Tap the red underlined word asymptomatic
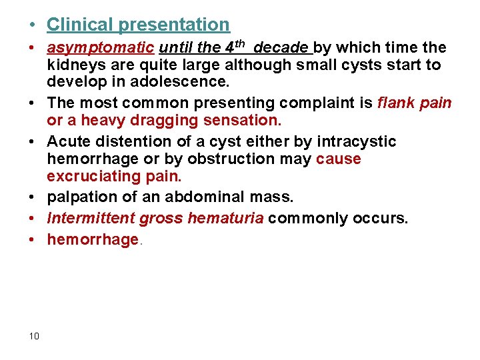pyautogui.click(x=100, y=48)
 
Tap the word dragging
pyautogui.click(x=155, y=121)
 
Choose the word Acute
pyautogui.click(x=69, y=141)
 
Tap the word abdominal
pyautogui.click(x=229, y=197)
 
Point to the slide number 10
pyautogui.click(x=34, y=335)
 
